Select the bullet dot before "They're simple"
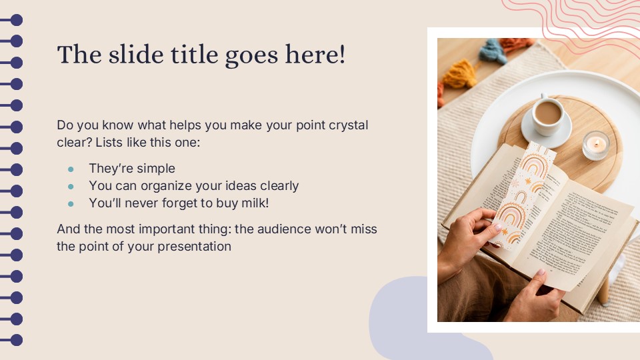pyautogui.click(x=71, y=169)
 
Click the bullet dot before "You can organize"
pyautogui.click(x=71, y=186)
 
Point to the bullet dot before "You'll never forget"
pyautogui.click(x=71, y=203)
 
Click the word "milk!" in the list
pyautogui.click(x=253, y=203)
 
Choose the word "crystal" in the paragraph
pyautogui.click(x=348, y=125)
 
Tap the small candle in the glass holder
pyautogui.click(x=595, y=145)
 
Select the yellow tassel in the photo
pyautogui.click(x=460, y=75)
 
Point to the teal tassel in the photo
pyautogui.click(x=493, y=51)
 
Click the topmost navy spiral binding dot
pyautogui.click(x=16, y=20)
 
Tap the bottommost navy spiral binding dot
pyautogui.click(x=16, y=340)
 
